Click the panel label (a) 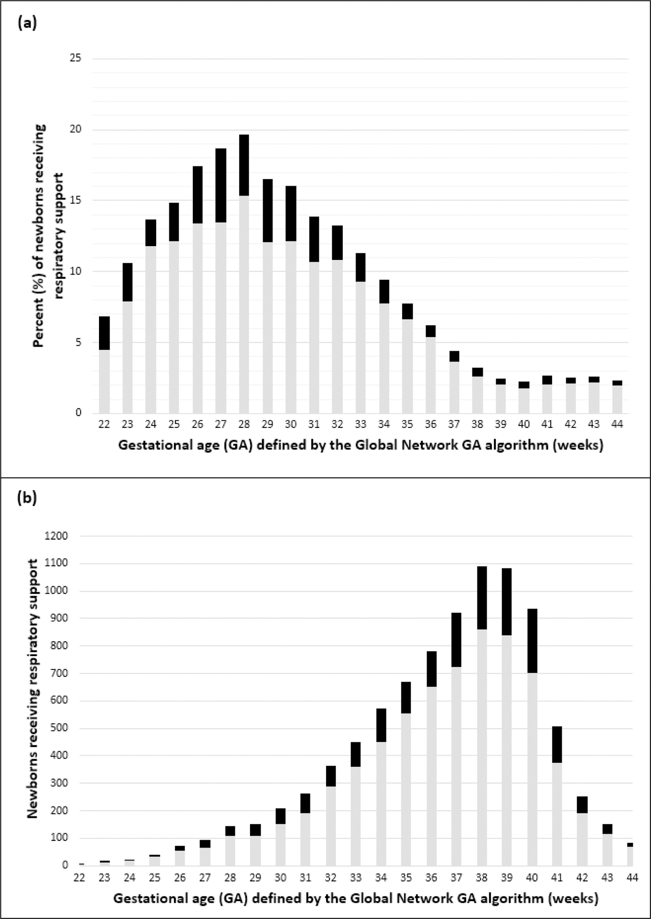coord(27,23)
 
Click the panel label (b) coord(27,497)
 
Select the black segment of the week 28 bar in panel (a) coord(244,165)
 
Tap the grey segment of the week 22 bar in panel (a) coord(104,381)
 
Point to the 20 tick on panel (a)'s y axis coord(76,130)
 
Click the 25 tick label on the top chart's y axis coord(76,59)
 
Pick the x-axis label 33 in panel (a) coord(360,424)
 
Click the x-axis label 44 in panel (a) coord(617,424)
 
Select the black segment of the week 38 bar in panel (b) coord(482,597)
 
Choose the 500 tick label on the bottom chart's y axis coord(59,728)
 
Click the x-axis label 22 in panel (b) coord(79,878)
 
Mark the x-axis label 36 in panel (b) coord(431,878)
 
